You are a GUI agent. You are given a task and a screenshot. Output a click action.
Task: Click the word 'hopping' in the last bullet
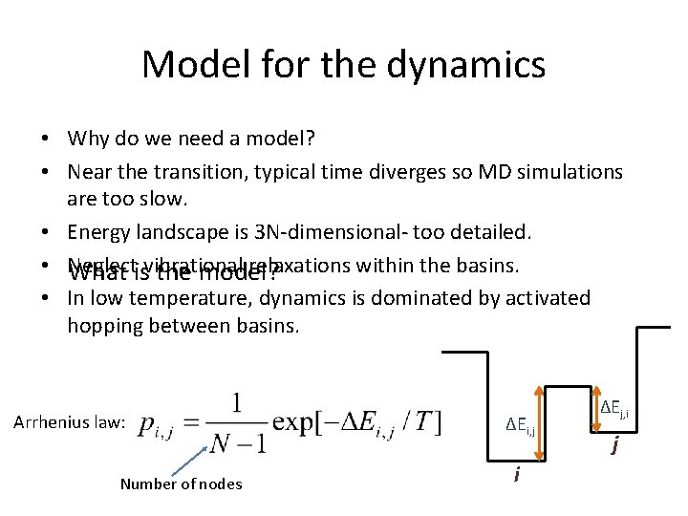click(104, 325)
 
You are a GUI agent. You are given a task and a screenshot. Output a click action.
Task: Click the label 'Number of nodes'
click(181, 484)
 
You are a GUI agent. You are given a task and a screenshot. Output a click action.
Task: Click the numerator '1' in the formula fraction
click(233, 401)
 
